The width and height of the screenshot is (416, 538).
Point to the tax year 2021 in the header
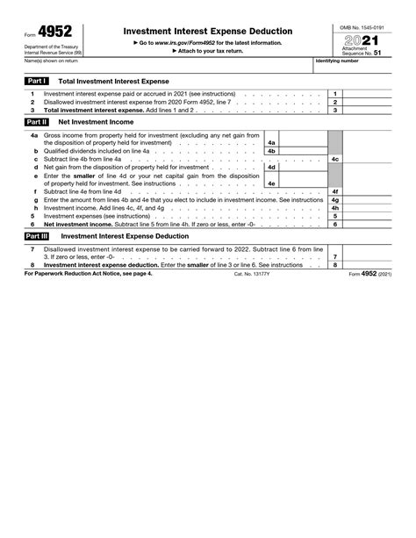pos(365,40)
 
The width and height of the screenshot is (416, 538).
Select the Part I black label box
pos(37,79)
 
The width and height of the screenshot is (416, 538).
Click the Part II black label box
pos(37,122)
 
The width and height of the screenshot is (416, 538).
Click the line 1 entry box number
pos(335,93)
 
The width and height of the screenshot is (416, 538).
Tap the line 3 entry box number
pos(335,111)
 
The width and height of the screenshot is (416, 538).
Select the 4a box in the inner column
pos(272,141)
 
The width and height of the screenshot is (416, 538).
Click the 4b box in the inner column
pos(272,150)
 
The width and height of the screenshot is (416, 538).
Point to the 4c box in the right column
pos(335,158)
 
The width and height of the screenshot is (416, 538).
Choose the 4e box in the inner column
pos(272,183)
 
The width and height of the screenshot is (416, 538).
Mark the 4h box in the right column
pos(335,207)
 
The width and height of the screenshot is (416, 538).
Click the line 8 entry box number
pos(335,264)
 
